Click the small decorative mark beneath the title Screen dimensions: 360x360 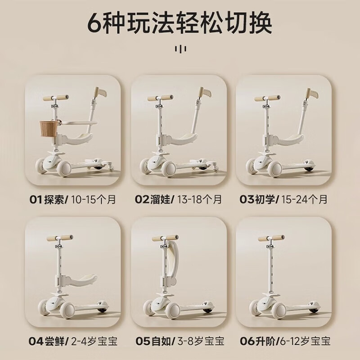click(180, 48)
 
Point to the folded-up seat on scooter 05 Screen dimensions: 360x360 click(172, 257)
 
